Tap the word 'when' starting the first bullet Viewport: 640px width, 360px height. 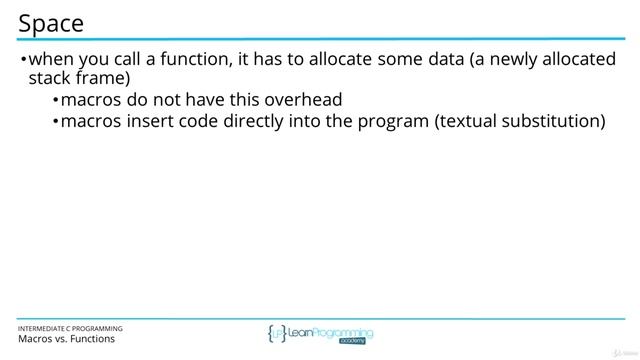coord(51,59)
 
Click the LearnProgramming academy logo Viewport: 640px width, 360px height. coord(320,334)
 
